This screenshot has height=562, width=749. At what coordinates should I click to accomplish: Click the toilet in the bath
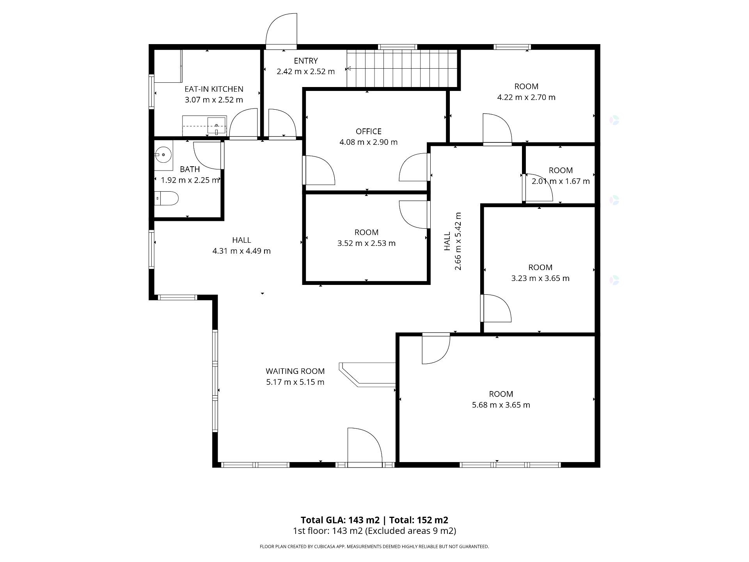click(x=167, y=198)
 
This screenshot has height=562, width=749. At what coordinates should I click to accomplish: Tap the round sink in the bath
click(x=163, y=155)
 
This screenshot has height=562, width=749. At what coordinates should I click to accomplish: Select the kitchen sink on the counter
click(x=217, y=125)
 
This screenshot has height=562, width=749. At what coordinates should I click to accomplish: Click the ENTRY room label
click(x=305, y=60)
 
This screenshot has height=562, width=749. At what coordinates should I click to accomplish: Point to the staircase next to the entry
click(x=402, y=69)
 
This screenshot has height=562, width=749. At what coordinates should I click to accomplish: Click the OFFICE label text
click(x=368, y=131)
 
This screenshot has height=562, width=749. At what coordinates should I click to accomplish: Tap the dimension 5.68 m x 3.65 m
click(x=501, y=405)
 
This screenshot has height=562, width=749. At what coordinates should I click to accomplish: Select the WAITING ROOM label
click(x=295, y=371)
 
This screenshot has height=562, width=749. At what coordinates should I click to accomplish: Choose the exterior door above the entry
click(x=282, y=31)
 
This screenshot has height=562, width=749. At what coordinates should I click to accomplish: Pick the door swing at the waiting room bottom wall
click(x=364, y=447)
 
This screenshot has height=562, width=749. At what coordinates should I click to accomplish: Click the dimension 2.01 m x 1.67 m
click(x=561, y=181)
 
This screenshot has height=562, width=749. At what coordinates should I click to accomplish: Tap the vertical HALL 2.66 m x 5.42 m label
click(x=453, y=241)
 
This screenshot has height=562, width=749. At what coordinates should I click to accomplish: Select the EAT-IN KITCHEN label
click(x=214, y=89)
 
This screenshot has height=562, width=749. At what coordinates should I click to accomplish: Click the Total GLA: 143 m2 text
click(x=340, y=520)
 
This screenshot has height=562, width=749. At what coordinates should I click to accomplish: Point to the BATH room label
click(x=190, y=169)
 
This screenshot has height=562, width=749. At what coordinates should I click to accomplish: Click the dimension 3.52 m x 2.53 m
click(x=366, y=243)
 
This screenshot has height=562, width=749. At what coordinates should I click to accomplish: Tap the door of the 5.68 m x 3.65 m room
click(x=435, y=348)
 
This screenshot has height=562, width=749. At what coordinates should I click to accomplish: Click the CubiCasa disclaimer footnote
click(x=374, y=546)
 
